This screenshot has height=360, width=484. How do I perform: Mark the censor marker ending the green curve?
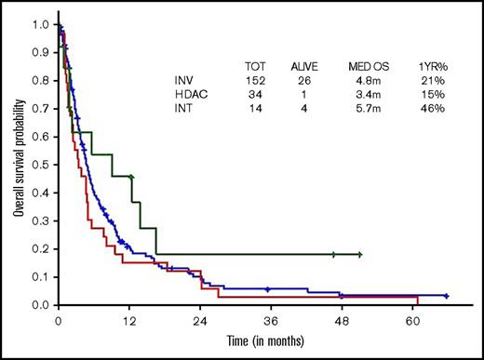[x=359, y=254]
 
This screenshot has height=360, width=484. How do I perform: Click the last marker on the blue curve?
[x=447, y=296]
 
